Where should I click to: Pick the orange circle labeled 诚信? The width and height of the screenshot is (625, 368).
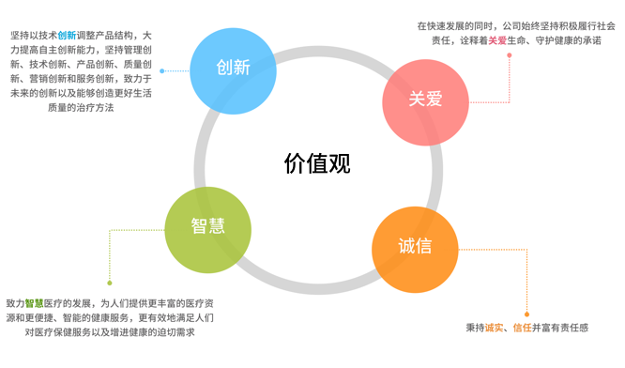pyautogui.click(x=414, y=246)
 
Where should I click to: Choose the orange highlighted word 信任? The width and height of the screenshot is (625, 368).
pyautogui.click(x=525, y=328)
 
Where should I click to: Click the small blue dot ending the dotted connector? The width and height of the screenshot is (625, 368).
pyautogui.click(x=161, y=70)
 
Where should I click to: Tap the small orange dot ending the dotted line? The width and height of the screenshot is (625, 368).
pyautogui.click(x=526, y=314)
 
